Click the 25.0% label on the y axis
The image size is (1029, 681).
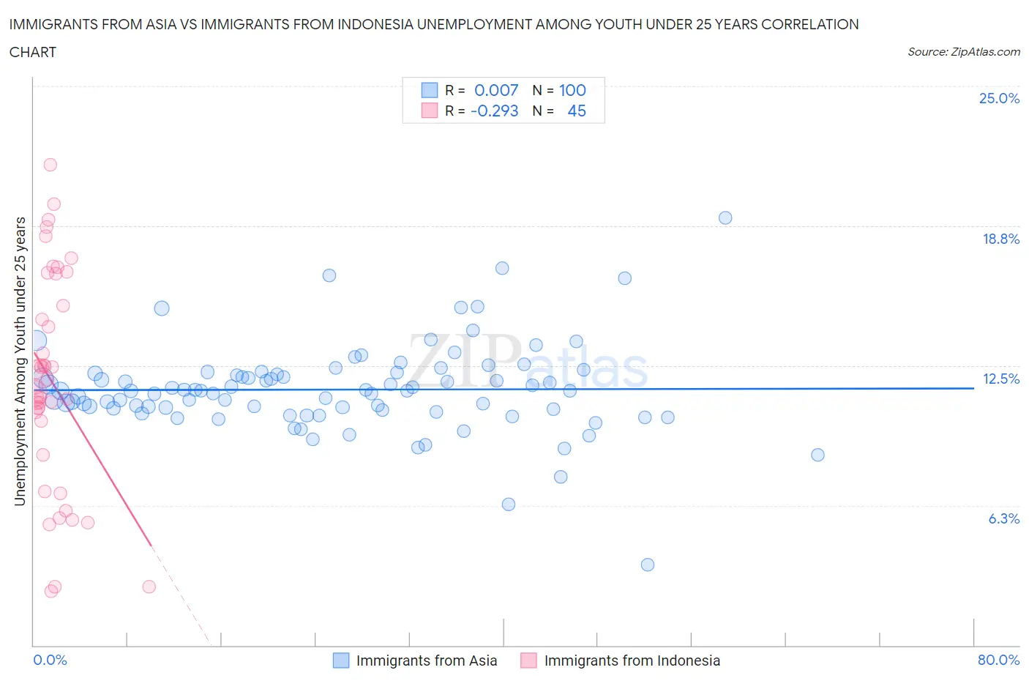[999, 99]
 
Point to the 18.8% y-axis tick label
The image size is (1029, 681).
[1000, 239]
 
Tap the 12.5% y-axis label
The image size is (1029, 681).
[1000, 379]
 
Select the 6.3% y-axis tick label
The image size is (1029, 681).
[1003, 518]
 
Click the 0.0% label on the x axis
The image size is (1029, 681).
[50, 660]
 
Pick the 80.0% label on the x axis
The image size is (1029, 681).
[998, 660]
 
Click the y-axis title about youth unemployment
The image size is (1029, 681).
[20, 361]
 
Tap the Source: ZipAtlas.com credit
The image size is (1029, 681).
[963, 52]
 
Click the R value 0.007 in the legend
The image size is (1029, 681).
[496, 90]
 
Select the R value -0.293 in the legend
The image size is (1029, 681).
[494, 111]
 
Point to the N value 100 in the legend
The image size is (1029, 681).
[572, 90]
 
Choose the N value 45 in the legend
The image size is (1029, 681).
[577, 111]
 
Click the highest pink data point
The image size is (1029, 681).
[50, 165]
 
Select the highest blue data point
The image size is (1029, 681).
[725, 217]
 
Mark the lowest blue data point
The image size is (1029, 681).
[648, 565]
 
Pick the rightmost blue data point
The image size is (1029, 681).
[817, 455]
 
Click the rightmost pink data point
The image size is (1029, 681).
[149, 587]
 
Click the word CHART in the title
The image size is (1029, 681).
[33, 52]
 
